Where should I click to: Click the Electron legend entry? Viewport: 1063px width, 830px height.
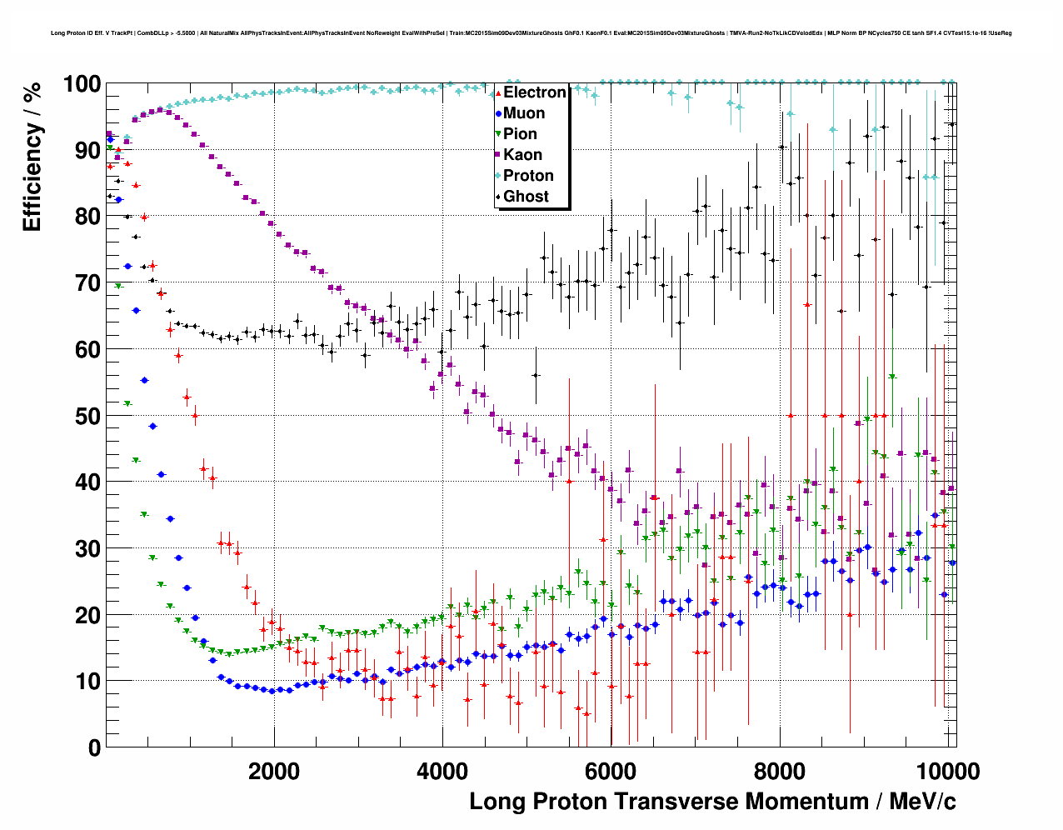coord(534,92)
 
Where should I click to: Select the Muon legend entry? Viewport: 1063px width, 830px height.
coord(524,113)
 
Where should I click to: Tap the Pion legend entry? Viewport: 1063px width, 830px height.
coord(520,134)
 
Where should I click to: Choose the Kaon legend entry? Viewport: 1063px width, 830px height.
coord(522,155)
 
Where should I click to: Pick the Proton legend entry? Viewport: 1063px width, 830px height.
coord(528,176)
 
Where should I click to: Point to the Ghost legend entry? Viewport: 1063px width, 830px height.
coord(526,197)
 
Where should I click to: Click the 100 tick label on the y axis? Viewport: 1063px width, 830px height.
coord(82,84)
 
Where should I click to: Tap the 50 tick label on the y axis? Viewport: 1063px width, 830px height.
coord(87,416)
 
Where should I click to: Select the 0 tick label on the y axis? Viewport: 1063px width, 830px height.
coord(94,747)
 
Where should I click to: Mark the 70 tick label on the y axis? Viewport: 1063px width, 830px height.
coord(87,283)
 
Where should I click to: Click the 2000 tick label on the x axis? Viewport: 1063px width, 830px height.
coord(274,771)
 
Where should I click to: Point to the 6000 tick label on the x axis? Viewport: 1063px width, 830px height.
coord(611,771)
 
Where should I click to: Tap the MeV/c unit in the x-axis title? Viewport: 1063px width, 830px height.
coord(922,802)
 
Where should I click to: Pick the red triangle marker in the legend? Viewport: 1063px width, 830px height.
coord(498,92)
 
